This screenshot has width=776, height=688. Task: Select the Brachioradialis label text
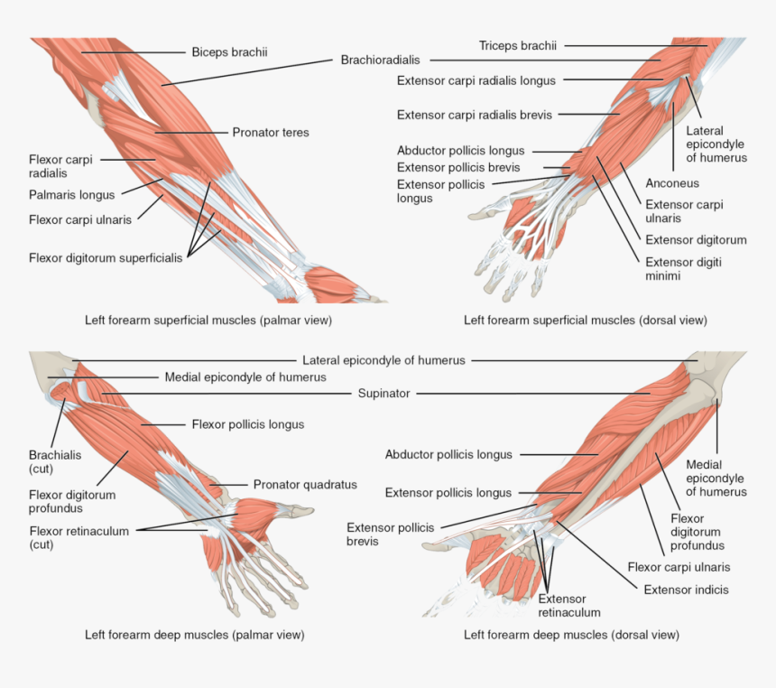coord(380,60)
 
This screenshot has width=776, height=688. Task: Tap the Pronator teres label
coord(271,133)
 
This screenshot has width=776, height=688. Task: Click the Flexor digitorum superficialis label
coord(106,257)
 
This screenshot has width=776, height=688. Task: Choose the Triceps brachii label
coord(518,45)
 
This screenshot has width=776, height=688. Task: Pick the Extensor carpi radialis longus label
coord(476,80)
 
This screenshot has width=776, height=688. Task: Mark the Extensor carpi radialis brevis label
coord(475,115)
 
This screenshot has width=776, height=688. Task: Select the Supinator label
coord(383,394)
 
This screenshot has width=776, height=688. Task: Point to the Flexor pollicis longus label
coord(247,424)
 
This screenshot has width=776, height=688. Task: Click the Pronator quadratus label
coord(305,485)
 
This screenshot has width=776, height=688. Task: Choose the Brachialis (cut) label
coord(55,462)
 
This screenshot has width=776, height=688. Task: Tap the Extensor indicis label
coord(686,590)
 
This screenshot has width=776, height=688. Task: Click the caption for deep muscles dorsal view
coord(571,635)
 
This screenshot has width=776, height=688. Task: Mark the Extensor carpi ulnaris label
coord(684,211)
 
